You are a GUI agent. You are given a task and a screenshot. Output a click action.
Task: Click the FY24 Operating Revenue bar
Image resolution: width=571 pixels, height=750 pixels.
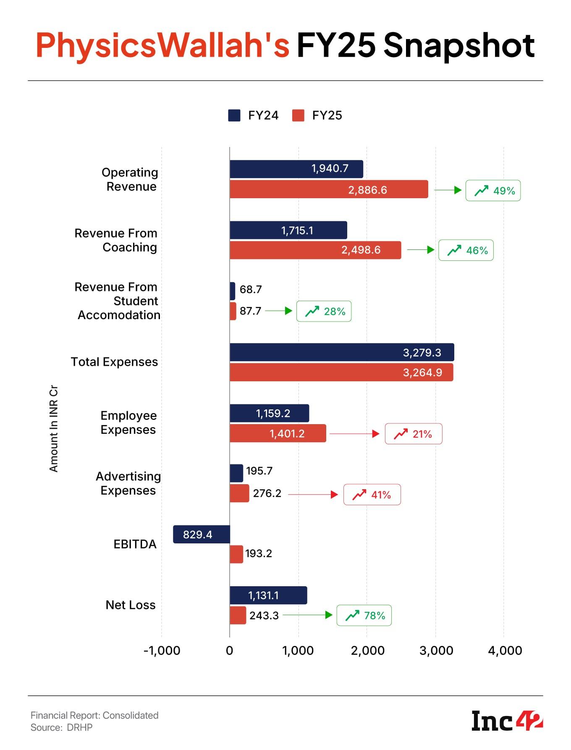tap(296, 169)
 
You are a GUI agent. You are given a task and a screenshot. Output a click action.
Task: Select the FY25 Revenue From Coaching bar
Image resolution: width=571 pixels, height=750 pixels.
tap(315, 250)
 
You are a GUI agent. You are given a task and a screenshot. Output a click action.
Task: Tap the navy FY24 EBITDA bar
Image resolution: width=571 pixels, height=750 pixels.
tap(202, 534)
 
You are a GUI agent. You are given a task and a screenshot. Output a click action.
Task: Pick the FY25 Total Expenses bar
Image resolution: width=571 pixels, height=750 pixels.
tap(341, 372)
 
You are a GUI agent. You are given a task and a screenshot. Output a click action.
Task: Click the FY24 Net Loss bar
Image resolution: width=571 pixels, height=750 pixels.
tap(268, 595)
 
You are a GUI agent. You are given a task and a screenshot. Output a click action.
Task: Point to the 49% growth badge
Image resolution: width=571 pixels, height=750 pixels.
tap(493, 191)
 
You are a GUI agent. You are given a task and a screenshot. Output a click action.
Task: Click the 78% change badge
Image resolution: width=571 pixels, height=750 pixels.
tap(364, 615)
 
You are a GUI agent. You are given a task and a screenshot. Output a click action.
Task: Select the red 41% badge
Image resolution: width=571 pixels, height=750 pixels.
tap(372, 495)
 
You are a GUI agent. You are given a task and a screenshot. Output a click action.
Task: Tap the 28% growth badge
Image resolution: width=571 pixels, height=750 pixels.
tap(324, 311)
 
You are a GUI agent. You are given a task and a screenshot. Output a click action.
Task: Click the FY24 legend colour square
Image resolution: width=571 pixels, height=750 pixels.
tap(234, 115)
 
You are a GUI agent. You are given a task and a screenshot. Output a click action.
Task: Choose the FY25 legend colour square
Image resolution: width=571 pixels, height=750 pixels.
tap(298, 115)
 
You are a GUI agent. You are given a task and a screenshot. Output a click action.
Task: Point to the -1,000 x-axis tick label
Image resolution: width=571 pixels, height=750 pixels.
tap(162, 650)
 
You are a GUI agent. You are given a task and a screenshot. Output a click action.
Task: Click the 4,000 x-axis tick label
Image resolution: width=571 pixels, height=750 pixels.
tap(505, 650)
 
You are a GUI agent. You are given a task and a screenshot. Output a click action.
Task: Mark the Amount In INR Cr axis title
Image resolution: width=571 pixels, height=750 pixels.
tap(53, 428)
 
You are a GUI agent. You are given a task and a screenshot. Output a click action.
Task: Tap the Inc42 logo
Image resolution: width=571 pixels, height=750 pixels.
tap(507, 721)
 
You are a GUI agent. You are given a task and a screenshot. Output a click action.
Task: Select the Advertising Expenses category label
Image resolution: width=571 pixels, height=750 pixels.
tap(128, 483)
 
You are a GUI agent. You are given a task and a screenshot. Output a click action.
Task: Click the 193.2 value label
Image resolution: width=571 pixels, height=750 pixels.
tap(258, 553)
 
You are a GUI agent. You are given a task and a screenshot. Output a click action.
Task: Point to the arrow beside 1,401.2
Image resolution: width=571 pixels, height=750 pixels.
tap(354, 434)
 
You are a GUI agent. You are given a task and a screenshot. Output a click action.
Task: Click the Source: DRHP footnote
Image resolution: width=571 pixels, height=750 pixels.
tap(61, 727)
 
